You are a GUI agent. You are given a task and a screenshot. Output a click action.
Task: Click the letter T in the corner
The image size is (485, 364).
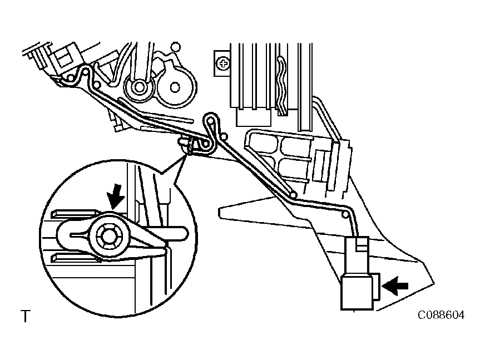tap(26, 316)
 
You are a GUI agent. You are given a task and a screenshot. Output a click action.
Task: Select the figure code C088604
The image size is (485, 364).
tap(441, 315)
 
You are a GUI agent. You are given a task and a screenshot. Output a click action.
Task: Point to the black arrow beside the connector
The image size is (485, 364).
tap(395, 286)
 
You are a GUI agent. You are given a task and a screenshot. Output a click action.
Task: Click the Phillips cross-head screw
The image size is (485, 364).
tap(222, 64)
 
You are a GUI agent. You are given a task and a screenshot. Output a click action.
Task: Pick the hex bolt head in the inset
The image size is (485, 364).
tap(108, 235)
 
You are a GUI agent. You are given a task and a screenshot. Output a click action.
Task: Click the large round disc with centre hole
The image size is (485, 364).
tap(175, 86)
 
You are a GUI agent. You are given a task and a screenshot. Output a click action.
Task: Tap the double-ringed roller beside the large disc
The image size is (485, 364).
tap(139, 87)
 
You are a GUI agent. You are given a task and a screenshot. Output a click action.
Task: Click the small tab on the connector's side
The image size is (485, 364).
tap(376, 286)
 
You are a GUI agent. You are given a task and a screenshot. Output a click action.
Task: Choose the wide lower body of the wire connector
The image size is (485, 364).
tap(357, 293)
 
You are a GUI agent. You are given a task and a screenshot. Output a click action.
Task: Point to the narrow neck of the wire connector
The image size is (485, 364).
tap(358, 256)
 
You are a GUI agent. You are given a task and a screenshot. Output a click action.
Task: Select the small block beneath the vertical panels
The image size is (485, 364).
tap(253, 117)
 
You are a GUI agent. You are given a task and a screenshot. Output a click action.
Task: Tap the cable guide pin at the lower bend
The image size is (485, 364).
tap(294, 195)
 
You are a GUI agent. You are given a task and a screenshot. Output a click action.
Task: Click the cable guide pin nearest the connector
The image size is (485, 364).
tap(344, 214)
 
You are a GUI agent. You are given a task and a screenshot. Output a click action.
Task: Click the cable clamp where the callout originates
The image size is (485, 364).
tap(187, 146)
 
